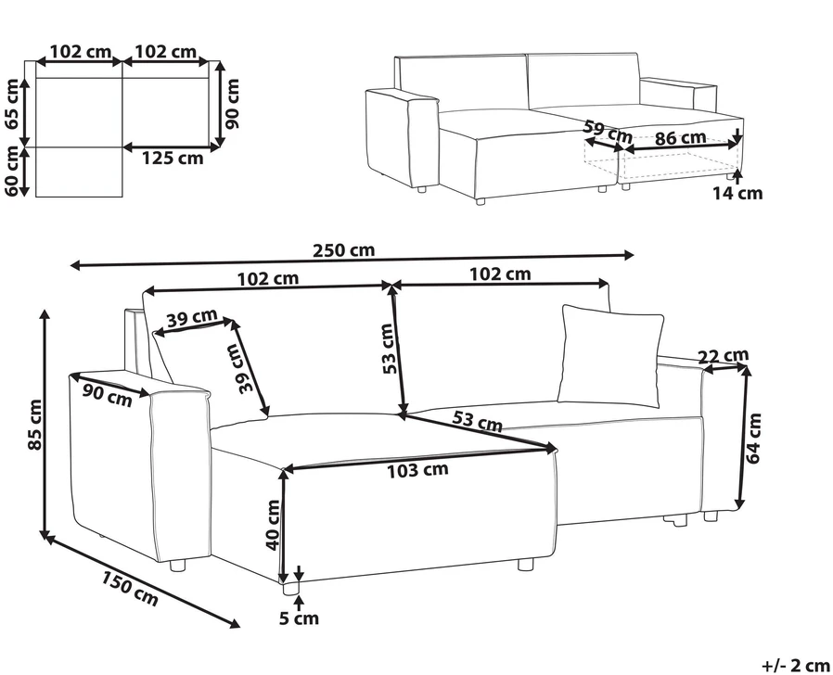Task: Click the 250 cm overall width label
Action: click(x=344, y=249)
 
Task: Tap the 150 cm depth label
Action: click(x=130, y=589)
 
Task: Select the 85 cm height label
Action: click(x=34, y=424)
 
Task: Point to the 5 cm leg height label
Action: click(x=299, y=618)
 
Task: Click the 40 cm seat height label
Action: click(x=273, y=525)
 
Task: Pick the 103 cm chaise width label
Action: click(x=417, y=470)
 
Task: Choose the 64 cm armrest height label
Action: click(x=753, y=439)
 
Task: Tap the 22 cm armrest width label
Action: click(x=724, y=355)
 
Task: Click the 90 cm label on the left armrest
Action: click(x=108, y=395)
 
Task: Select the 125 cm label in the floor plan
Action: click(x=173, y=158)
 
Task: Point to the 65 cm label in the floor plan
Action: click(x=11, y=104)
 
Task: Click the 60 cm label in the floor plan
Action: click(x=11, y=171)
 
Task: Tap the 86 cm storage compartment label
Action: click(x=681, y=138)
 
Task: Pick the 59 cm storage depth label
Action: click(x=608, y=132)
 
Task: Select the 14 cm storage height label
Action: click(x=737, y=193)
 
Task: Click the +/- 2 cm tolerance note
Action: click(x=795, y=665)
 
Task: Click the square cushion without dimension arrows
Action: click(x=611, y=356)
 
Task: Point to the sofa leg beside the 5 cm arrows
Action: click(x=290, y=587)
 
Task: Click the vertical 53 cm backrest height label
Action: click(x=389, y=349)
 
